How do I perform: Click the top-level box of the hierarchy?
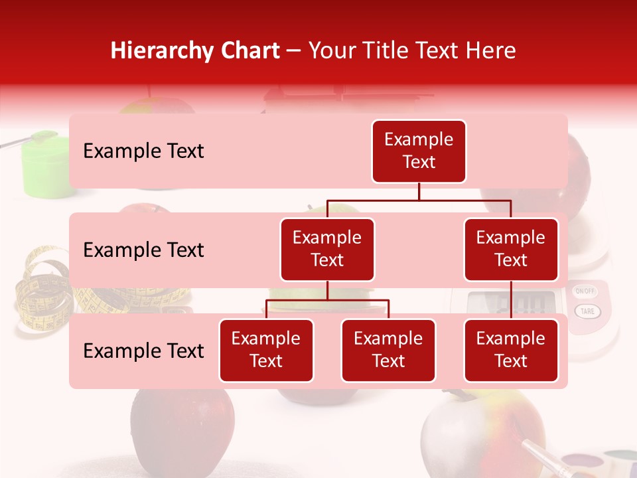419,151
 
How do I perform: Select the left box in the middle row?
327,249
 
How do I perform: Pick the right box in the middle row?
511,249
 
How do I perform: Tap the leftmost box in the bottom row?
266,350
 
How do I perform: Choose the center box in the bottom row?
388,350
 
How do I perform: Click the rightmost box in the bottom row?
511,350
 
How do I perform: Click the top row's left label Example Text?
143,151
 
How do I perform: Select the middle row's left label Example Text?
143,250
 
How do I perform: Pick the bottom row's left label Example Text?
143,351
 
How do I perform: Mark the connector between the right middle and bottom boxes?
511,300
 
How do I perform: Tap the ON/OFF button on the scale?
585,291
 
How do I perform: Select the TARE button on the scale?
587,311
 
